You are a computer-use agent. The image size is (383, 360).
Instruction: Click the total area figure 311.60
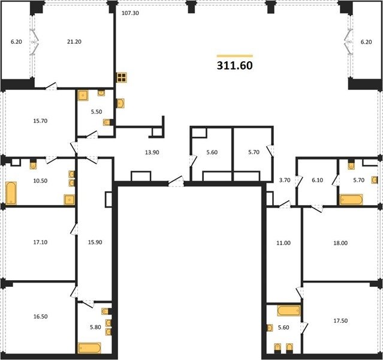click(235, 65)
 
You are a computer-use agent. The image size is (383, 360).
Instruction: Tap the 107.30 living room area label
click(130, 13)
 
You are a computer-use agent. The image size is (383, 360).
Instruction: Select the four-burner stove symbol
click(122, 77)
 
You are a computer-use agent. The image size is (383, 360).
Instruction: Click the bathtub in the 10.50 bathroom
click(11, 193)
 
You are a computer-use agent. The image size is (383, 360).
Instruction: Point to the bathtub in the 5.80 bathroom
click(89, 348)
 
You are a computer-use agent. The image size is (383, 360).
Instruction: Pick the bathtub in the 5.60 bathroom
click(289, 311)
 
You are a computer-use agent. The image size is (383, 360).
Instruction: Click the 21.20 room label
click(74, 42)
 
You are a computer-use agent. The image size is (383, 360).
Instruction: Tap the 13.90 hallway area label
click(152, 152)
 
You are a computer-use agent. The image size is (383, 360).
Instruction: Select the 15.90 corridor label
click(95, 242)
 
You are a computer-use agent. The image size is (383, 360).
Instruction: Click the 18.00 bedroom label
click(340, 243)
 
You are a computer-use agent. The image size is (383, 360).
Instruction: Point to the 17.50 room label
click(340, 320)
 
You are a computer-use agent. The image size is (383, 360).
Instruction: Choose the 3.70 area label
click(285, 180)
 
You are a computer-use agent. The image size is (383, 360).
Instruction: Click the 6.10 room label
click(317, 180)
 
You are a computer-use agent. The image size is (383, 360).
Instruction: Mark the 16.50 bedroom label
click(40, 316)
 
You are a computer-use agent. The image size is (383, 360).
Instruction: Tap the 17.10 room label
click(40, 242)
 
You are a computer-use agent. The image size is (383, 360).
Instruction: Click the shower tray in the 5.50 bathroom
click(83, 95)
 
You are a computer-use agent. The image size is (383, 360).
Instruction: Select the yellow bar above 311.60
click(235, 56)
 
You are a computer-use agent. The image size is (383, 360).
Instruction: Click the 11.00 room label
click(284, 243)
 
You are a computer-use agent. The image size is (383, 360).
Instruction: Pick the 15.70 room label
click(40, 121)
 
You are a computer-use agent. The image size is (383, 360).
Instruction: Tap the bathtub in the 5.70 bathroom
click(351, 200)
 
